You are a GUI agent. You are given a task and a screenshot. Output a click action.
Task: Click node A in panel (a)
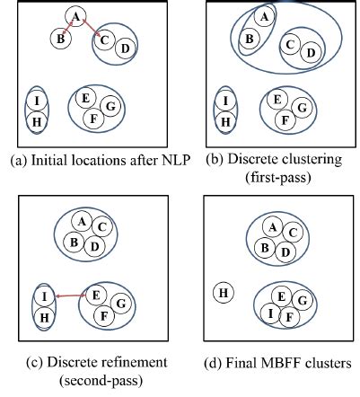click(x=76, y=17)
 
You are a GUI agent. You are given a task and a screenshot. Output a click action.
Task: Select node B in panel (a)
click(x=60, y=39)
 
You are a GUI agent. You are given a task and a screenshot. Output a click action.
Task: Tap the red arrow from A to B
click(x=68, y=28)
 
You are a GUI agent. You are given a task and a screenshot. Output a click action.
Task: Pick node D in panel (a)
click(x=126, y=47)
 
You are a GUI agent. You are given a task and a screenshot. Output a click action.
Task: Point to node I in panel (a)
click(x=37, y=101)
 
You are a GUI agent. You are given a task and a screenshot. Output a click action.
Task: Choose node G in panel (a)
click(x=110, y=106)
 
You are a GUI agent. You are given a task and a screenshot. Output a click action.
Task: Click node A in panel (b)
click(x=263, y=17)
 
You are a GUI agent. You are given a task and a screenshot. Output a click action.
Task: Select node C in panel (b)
click(x=290, y=44)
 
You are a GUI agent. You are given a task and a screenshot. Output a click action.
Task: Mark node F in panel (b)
click(x=283, y=119)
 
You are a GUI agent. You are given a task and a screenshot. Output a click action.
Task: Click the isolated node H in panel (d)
click(x=224, y=293)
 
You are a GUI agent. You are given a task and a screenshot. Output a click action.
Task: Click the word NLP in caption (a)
click(x=172, y=162)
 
